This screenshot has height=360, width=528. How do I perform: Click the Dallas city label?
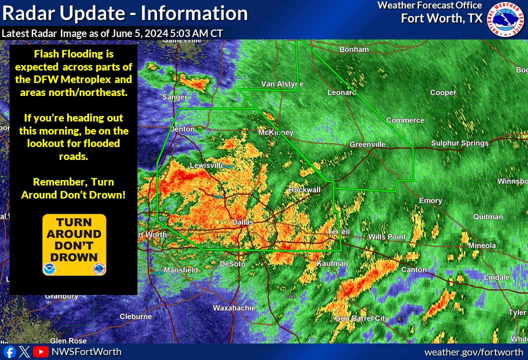click(x=243, y=222)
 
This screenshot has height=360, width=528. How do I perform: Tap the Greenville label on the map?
click(x=367, y=144)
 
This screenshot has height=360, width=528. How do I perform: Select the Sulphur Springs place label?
click(x=459, y=143)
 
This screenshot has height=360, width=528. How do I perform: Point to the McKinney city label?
click(x=275, y=132)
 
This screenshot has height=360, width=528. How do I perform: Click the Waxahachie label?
click(x=234, y=308)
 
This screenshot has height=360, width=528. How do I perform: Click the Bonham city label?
click(x=354, y=49)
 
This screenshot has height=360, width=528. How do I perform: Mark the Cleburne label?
click(x=135, y=316)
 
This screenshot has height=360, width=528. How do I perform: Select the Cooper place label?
click(x=443, y=92)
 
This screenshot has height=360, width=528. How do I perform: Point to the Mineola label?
click(x=482, y=245)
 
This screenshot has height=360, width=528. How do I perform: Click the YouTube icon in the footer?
click(x=40, y=352)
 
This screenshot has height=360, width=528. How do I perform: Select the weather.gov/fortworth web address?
click(x=474, y=352)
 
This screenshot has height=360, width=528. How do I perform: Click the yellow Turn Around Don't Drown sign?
click(x=74, y=244)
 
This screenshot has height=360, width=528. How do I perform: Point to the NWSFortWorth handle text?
click(x=86, y=352)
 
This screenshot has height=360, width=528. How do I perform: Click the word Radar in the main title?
click(x=28, y=13)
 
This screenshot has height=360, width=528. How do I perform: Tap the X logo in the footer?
click(x=25, y=352)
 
